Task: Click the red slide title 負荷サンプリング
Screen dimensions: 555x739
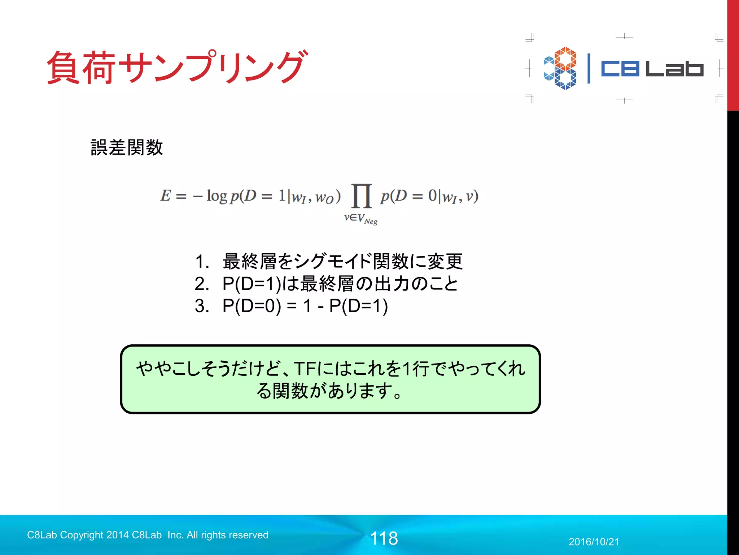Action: point(177,67)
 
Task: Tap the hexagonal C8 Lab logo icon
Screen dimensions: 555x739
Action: point(560,68)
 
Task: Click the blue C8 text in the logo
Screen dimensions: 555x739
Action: point(620,69)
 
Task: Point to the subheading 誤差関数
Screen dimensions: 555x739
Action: point(127,147)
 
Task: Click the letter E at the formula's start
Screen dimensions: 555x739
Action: point(166,196)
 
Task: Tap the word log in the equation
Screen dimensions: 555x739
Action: point(217,196)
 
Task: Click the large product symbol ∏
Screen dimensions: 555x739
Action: point(361,196)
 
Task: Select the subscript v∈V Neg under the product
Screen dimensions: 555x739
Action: point(360,219)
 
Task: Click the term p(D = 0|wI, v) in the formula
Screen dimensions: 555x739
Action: point(429,196)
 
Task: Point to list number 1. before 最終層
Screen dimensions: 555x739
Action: point(202,261)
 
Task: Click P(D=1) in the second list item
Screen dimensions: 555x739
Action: point(252,284)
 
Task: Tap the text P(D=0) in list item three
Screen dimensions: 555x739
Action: point(252,306)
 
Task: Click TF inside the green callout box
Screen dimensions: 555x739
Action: point(305,369)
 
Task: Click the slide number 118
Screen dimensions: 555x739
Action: point(384,538)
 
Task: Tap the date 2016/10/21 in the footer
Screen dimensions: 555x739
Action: point(594,542)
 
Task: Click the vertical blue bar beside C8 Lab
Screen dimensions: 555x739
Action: point(589,69)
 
